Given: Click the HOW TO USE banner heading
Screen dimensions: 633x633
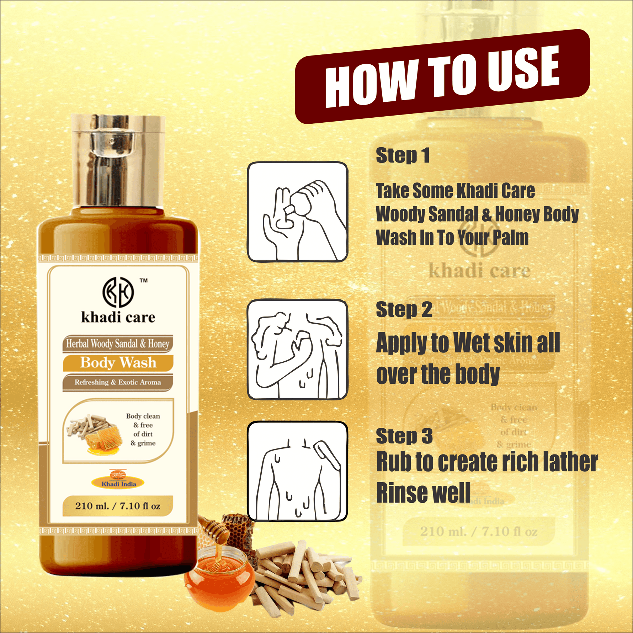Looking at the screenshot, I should (x=442, y=76).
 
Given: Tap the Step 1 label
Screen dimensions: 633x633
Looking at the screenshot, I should (x=403, y=156).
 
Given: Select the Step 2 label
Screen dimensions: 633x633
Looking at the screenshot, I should (x=404, y=309).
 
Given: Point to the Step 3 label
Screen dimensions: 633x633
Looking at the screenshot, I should (x=404, y=436).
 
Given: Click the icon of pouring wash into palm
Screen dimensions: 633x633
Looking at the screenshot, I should (x=297, y=212).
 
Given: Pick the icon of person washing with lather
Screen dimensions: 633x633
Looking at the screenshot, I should (x=297, y=349).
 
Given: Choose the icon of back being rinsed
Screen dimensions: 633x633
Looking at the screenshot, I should (x=297, y=471).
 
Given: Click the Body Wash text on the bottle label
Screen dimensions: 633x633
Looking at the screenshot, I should (x=118, y=363).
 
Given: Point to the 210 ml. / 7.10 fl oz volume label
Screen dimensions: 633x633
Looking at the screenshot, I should (x=118, y=506).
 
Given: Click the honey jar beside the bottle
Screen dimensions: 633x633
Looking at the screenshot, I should (x=219, y=573).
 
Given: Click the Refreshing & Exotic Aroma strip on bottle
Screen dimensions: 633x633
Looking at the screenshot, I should (x=118, y=383).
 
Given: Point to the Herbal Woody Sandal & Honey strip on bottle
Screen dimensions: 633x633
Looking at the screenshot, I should (x=118, y=344).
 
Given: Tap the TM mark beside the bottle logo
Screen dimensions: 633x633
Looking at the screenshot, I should (x=144, y=281).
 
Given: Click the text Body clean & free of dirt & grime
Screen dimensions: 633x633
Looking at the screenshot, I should (x=143, y=430).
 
